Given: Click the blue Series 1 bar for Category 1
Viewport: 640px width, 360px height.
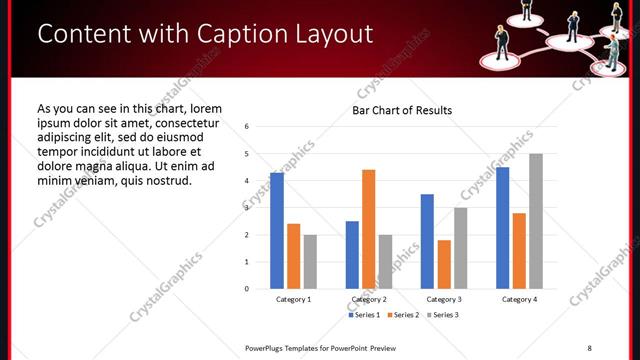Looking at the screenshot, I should click(x=277, y=231).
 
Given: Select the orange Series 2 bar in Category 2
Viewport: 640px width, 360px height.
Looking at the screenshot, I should click(x=369, y=229).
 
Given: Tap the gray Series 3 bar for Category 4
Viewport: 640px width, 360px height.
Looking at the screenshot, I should click(x=536, y=221).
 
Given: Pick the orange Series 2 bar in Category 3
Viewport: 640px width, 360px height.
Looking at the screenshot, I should click(x=444, y=264).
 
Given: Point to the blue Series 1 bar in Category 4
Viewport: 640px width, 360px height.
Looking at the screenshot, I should click(x=502, y=228).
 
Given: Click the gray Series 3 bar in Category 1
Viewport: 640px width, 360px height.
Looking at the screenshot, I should click(x=310, y=262).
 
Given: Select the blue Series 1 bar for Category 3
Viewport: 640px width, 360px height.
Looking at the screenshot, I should click(x=427, y=241).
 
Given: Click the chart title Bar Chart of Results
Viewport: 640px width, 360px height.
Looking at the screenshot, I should click(x=402, y=110).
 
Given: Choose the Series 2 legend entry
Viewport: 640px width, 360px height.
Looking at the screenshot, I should click(x=405, y=315).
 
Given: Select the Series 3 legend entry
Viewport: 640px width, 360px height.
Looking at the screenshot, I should click(x=444, y=315).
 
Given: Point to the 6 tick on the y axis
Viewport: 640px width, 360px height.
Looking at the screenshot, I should click(x=247, y=127).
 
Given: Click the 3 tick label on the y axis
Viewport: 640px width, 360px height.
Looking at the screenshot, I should click(x=247, y=208).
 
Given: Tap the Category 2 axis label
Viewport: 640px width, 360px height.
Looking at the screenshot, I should click(x=369, y=299).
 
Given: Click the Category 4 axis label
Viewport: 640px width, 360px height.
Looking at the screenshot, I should click(x=519, y=299).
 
